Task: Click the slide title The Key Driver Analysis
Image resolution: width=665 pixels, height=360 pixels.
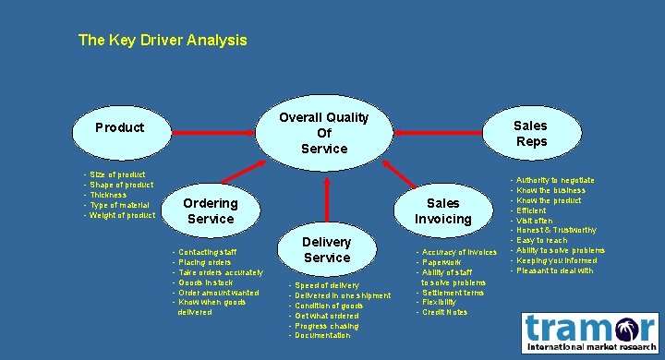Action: pos(163,41)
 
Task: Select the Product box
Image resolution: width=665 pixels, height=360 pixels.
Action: pos(120,127)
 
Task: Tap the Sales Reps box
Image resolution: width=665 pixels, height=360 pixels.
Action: pos(530,133)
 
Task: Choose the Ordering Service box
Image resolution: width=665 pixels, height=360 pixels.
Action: pos(211,210)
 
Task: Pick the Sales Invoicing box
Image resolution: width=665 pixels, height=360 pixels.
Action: pos(442,210)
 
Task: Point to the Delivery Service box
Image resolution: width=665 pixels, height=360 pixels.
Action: pos(327,249)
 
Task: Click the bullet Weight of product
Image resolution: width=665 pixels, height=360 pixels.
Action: pos(122,216)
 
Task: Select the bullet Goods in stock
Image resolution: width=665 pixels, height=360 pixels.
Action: pos(208,282)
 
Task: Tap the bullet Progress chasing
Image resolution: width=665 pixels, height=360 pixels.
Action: pos(327,326)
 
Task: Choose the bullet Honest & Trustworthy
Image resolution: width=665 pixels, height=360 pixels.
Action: pos(556,230)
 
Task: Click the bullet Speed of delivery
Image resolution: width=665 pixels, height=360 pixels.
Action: pos(327,285)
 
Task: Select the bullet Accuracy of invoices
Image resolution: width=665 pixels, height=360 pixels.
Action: pos(459,252)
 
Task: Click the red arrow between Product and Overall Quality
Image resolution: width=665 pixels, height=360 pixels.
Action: pos(213,133)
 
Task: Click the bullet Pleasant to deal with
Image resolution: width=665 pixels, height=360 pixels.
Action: pos(554,270)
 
